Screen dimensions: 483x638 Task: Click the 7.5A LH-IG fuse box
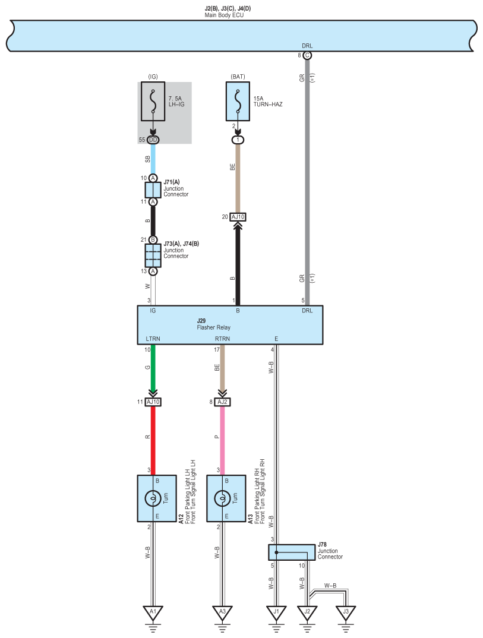pos(153,102)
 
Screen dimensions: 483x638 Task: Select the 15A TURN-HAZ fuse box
pos(238,102)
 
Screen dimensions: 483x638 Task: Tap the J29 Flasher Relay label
pos(214,324)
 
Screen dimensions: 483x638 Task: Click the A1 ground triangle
pos(153,612)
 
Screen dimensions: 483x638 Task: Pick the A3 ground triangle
pos(222,612)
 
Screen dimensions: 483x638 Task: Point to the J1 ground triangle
pos(276,612)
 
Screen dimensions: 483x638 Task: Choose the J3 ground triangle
pos(346,612)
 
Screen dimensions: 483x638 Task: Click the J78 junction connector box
pos(292,552)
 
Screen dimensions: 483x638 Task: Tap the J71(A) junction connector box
pos(153,190)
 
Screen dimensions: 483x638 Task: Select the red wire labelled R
pos(153,441)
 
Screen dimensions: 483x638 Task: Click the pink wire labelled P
pos(222,441)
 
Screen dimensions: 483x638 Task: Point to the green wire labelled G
pos(153,368)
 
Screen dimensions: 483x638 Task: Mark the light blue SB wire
pos(153,159)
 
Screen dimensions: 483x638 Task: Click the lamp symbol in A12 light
pos(153,498)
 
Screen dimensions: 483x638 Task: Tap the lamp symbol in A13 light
pos(222,498)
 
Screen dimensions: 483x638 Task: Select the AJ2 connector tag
pos(222,402)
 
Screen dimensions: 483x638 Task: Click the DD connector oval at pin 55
pos(153,140)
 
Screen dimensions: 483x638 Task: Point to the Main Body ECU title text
pos(224,15)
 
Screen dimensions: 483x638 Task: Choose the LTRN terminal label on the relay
pos(153,339)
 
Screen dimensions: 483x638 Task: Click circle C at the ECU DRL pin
pos(307,55)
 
